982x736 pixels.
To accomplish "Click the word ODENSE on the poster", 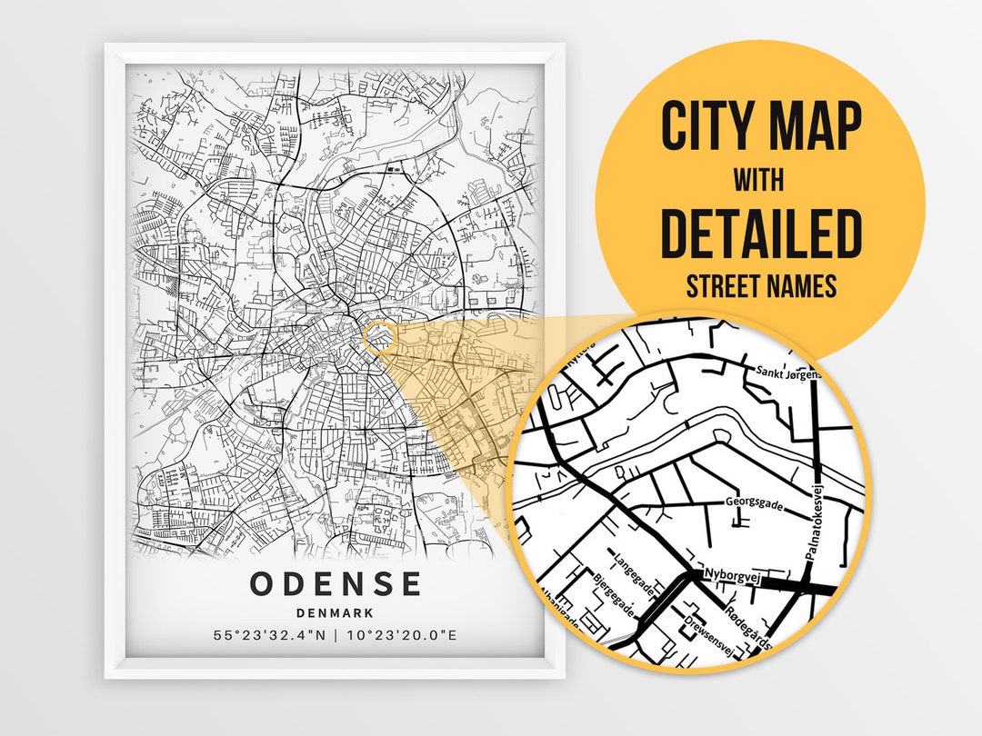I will (336, 583).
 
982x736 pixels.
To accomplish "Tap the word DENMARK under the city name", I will (336, 613).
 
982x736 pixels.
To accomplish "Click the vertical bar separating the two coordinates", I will (336, 634).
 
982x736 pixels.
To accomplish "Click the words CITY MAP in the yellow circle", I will (760, 127).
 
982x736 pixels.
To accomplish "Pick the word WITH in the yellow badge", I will (760, 180).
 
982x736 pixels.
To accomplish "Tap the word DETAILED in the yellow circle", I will (760, 233).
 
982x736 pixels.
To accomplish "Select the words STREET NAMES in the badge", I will (760, 286).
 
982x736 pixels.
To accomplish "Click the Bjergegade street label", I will (613, 594).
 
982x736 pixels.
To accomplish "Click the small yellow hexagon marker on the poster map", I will (379, 337).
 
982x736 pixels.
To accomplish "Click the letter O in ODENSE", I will (263, 583).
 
